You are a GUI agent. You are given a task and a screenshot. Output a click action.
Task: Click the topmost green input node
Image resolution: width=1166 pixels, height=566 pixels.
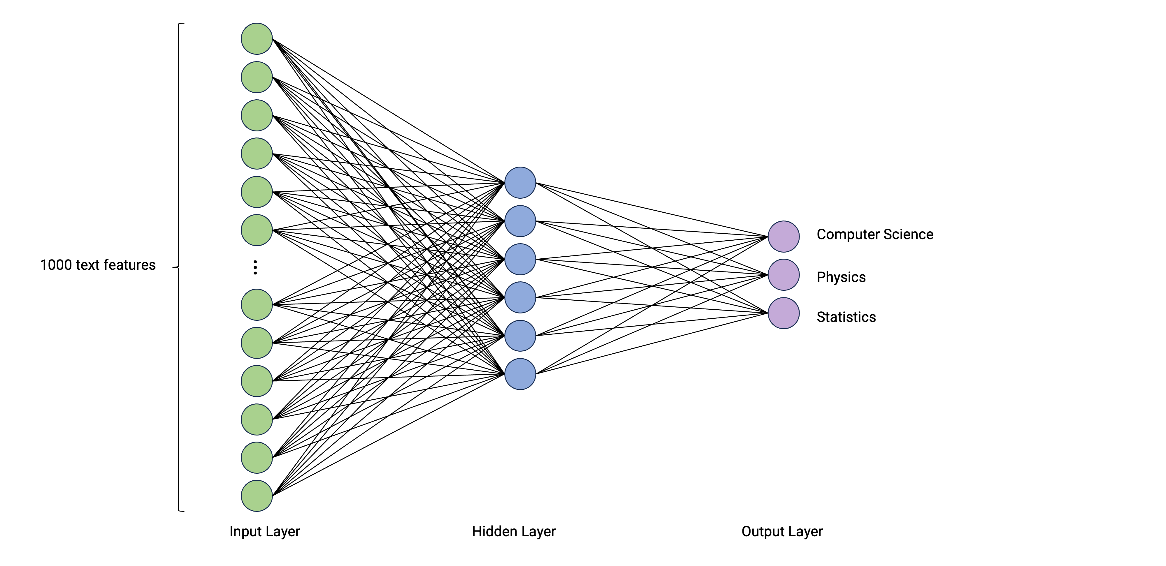pyautogui.click(x=257, y=39)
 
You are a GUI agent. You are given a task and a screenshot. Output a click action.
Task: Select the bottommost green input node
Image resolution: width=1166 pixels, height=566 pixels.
pyautogui.click(x=257, y=496)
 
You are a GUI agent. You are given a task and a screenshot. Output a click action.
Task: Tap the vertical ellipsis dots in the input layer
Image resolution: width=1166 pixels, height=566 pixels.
pyautogui.click(x=255, y=267)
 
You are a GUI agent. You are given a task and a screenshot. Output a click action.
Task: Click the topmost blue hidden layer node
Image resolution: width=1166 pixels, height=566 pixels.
pyautogui.click(x=520, y=183)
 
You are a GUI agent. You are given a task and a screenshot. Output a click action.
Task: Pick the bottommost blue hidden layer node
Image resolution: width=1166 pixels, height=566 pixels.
pyautogui.click(x=520, y=374)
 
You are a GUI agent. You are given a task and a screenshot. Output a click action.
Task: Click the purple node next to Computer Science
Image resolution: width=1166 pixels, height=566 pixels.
pyautogui.click(x=784, y=236)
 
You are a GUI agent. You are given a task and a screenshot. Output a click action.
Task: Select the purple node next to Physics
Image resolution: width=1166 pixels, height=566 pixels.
pyautogui.click(x=784, y=275)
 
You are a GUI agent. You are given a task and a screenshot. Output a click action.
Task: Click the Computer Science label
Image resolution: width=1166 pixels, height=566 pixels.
pyautogui.click(x=874, y=234)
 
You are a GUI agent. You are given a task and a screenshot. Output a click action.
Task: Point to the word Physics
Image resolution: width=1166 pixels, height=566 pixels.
pyautogui.click(x=841, y=277)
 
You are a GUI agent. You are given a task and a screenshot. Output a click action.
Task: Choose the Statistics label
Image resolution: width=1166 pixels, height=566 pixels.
pyautogui.click(x=846, y=317)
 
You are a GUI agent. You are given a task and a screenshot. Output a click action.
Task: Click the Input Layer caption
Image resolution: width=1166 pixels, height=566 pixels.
pyautogui.click(x=264, y=531)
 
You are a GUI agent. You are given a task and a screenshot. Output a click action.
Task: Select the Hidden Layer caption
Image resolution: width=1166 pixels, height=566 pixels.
pyautogui.click(x=513, y=531)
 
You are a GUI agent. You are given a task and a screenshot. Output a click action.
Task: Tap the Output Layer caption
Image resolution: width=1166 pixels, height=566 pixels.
pyautogui.click(x=782, y=531)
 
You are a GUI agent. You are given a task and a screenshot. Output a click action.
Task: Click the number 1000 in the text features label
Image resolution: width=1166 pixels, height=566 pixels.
pyautogui.click(x=56, y=265)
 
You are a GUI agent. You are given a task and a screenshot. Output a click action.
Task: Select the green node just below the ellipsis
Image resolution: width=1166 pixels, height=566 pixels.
pyautogui.click(x=257, y=304)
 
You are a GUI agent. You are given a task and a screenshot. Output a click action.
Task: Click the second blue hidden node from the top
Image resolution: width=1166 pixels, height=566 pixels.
pyautogui.click(x=520, y=221)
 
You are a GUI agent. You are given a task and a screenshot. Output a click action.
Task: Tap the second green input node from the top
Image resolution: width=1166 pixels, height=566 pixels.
pyautogui.click(x=257, y=77)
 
